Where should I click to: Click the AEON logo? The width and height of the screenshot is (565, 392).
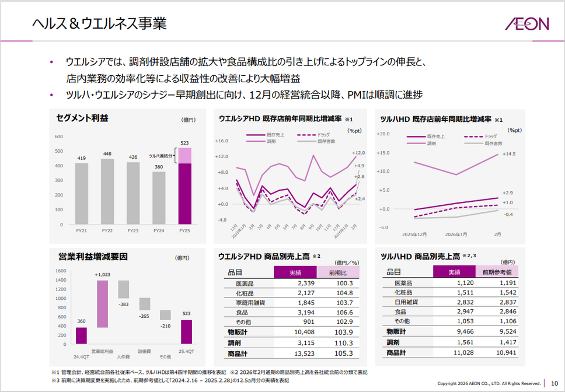[x=527, y=23]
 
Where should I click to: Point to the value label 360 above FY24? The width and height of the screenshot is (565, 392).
[x=159, y=167]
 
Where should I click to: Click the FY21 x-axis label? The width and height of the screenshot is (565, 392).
[x=82, y=231]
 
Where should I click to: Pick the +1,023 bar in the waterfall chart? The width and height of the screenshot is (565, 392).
[x=102, y=304]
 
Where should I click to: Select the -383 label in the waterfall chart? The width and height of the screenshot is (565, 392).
[x=123, y=304]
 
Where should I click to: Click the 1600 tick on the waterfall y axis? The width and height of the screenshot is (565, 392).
[x=61, y=271]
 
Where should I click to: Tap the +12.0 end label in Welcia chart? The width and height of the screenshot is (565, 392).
[x=358, y=153]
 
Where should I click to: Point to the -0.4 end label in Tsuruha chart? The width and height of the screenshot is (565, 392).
[x=508, y=214]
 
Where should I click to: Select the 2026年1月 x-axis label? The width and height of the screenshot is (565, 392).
[x=456, y=234]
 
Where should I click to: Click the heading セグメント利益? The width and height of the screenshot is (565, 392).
[x=82, y=118]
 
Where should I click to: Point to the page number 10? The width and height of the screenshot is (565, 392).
[x=554, y=383]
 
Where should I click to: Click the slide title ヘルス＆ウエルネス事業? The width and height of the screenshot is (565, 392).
[x=99, y=23]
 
